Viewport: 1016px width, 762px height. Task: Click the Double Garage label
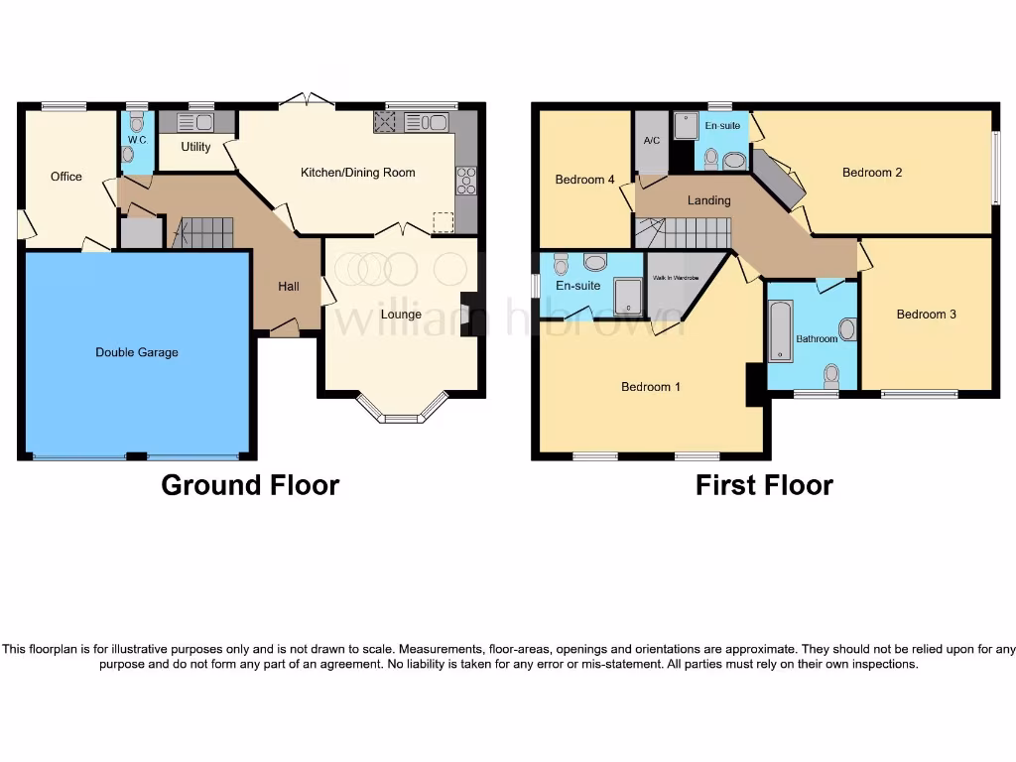pyautogui.click(x=137, y=352)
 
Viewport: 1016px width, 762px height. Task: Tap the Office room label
pyautogui.click(x=66, y=177)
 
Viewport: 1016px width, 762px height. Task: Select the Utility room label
pyautogui.click(x=195, y=148)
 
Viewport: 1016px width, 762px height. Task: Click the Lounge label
pyautogui.click(x=402, y=315)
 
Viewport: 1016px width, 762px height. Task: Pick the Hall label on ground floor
pyautogui.click(x=289, y=287)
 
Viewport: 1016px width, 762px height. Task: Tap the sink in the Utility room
pyautogui.click(x=204, y=122)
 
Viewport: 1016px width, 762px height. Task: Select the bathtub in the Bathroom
pyautogui.click(x=781, y=332)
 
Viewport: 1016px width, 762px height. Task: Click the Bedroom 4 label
pyautogui.click(x=584, y=180)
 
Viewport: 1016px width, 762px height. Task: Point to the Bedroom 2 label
pyautogui.click(x=872, y=173)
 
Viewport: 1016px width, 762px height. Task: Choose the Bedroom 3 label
pyautogui.click(x=926, y=315)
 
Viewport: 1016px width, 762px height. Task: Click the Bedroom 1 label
pyautogui.click(x=650, y=387)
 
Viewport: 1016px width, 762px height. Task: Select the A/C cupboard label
pyautogui.click(x=652, y=141)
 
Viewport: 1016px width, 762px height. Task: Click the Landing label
pyautogui.click(x=708, y=200)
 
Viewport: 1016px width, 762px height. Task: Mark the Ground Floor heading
pyautogui.click(x=250, y=485)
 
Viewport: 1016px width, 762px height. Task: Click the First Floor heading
pyautogui.click(x=764, y=485)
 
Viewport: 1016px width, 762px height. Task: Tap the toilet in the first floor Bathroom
pyautogui.click(x=831, y=374)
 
